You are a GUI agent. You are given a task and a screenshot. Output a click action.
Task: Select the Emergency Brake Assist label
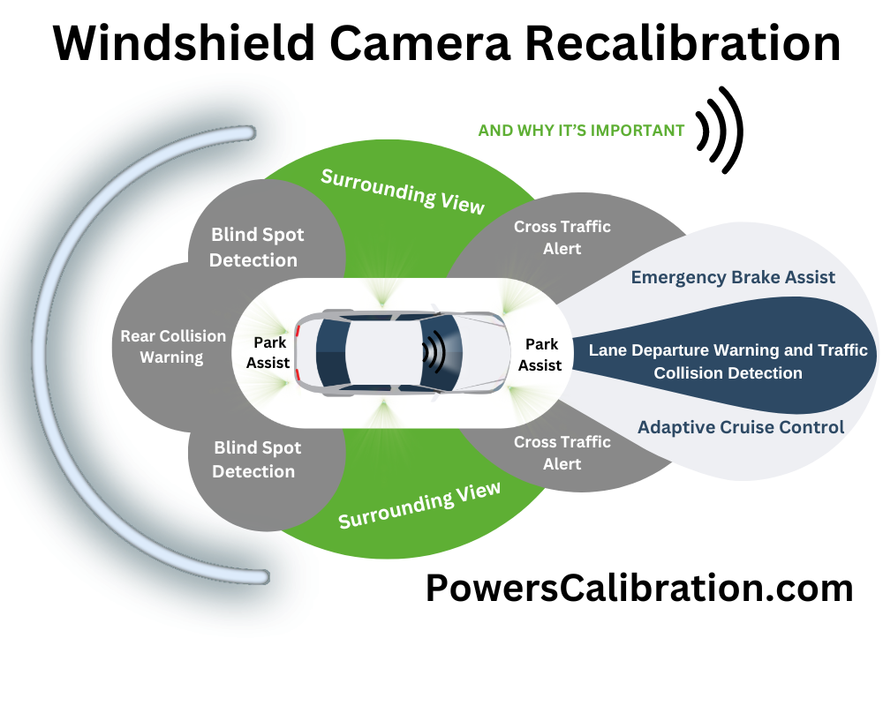click(x=733, y=277)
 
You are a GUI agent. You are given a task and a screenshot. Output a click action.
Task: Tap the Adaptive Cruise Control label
click(x=741, y=427)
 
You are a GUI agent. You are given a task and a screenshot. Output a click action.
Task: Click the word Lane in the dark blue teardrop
click(x=607, y=350)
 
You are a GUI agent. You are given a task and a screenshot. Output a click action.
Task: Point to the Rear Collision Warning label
click(x=173, y=347)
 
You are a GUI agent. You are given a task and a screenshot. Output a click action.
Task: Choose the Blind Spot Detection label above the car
click(x=257, y=247)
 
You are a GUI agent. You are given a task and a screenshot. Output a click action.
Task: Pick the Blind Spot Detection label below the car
click(x=257, y=460)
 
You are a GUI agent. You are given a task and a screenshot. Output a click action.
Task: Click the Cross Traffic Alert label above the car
click(x=562, y=237)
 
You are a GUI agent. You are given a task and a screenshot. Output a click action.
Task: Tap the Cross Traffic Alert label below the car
click(x=562, y=453)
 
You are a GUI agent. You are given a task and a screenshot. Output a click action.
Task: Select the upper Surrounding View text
click(x=403, y=190)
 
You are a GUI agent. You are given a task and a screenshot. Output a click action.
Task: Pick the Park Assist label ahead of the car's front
click(x=540, y=354)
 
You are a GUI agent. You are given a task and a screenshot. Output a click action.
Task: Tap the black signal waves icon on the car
click(x=433, y=352)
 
